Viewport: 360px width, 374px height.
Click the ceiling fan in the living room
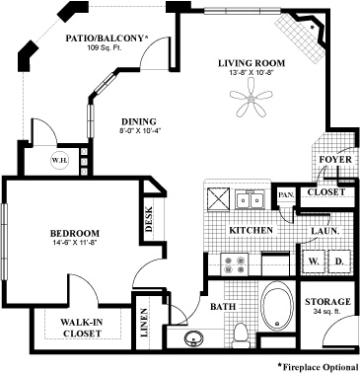tap(252, 98)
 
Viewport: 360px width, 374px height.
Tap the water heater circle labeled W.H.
tap(60, 161)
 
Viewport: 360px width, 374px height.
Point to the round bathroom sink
tap(194, 338)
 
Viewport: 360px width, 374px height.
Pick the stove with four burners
tap(234, 264)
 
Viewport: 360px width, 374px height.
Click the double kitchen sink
tap(250, 199)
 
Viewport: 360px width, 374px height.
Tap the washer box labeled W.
tap(314, 262)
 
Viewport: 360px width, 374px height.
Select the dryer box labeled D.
tap(339, 262)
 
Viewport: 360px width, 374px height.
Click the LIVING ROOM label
tap(252, 63)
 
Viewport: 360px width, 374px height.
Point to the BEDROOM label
tap(75, 233)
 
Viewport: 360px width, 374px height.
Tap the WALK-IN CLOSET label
tap(82, 328)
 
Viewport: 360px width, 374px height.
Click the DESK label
tap(149, 219)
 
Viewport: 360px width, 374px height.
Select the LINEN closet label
tap(144, 323)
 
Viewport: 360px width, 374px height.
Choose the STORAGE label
tap(327, 301)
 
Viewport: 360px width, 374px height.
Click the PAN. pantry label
tap(286, 194)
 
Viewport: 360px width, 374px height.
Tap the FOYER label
tap(335, 160)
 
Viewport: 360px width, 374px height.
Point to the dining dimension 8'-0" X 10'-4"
tap(140, 130)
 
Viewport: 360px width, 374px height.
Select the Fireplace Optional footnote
tap(318, 367)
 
